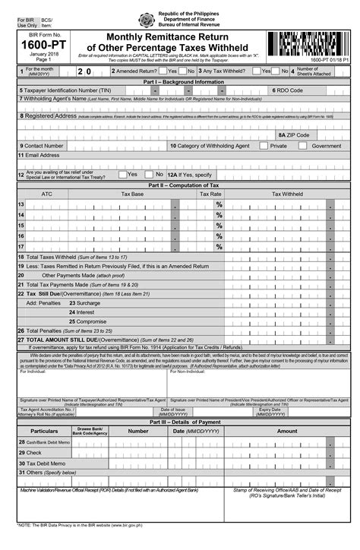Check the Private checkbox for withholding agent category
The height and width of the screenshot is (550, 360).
tap(264, 145)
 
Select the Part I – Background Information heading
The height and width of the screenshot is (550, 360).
tap(179, 81)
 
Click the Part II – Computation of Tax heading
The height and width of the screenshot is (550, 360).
tap(179, 185)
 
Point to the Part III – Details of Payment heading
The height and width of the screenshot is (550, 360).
tap(179, 421)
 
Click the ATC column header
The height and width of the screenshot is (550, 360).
tap(47, 194)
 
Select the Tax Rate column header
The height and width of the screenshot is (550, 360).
tap(210, 194)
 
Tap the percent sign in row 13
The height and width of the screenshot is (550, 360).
tap(219, 205)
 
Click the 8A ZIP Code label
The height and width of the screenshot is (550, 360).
tap(293, 134)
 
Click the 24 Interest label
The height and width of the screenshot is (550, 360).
tap(82, 311)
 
